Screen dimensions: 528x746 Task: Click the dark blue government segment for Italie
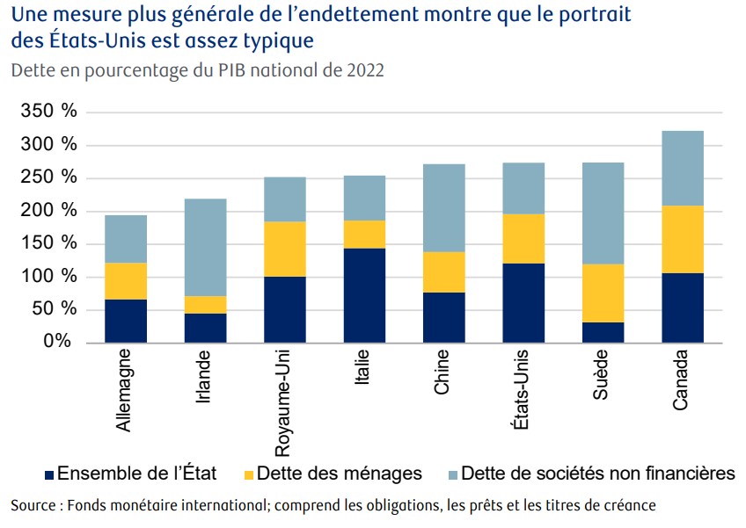364,295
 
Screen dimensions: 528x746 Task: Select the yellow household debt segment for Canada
682,239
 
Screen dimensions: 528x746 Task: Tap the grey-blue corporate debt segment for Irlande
205,247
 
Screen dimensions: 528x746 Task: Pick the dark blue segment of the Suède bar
603,332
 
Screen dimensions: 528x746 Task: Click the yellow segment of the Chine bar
443,272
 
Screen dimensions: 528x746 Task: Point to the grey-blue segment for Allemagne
126,239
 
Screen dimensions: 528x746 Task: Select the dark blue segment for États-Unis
523,303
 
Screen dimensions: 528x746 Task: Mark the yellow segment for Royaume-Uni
284,249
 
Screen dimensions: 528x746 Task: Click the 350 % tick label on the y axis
48,112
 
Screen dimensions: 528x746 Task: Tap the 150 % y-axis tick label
48,243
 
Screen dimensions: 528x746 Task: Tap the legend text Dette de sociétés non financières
597,474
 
